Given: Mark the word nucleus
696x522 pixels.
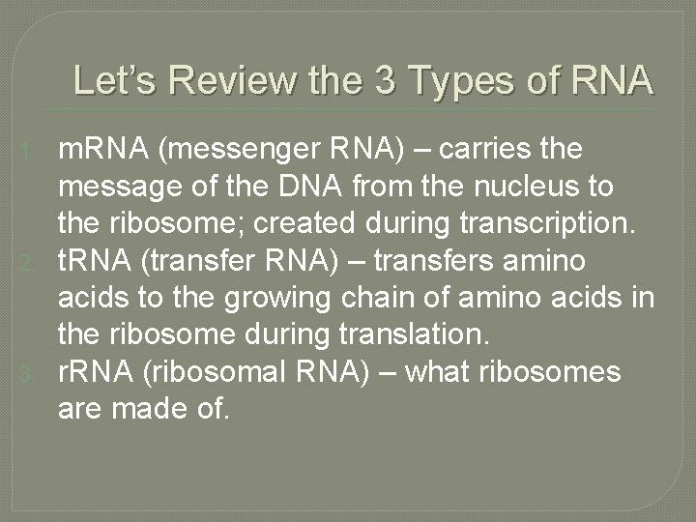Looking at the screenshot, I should (544, 187).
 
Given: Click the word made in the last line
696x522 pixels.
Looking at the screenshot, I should (145, 410).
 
